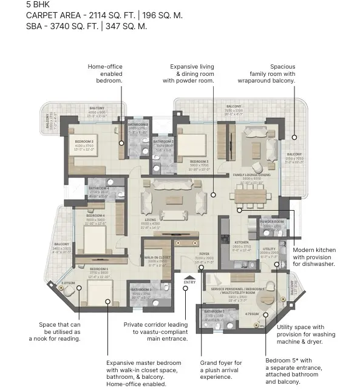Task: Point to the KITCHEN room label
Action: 242,242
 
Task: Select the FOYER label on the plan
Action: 203,254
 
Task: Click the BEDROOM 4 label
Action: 95,216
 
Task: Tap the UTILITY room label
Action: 269,249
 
